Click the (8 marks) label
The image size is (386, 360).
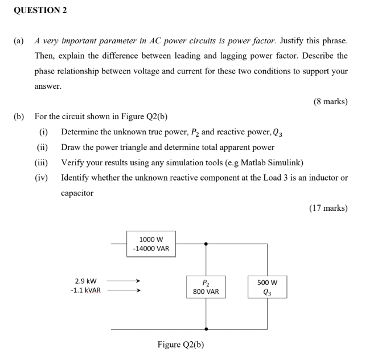coord(330,102)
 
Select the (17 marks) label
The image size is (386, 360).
coord(328,208)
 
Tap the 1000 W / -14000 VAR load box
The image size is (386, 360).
coord(151,244)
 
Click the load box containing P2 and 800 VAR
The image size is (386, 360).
coord(206,287)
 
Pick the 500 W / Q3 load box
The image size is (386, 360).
coord(266,287)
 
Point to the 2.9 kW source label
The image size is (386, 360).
coord(86,281)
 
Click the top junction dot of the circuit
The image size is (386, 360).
coord(206,244)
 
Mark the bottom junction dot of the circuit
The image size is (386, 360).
coord(206,329)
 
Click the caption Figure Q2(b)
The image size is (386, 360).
coord(180,345)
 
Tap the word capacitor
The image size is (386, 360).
coord(77,193)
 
